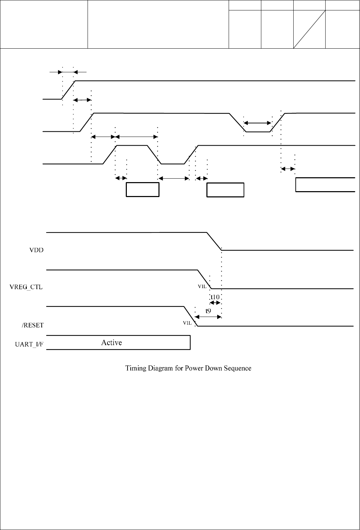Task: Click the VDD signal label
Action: click(36, 250)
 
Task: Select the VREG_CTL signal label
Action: click(26, 287)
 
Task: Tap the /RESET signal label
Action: click(33, 325)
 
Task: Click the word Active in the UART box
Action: click(112, 343)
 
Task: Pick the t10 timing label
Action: click(215, 297)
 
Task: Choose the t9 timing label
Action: click(208, 311)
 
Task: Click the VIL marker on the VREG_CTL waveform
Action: click(202, 287)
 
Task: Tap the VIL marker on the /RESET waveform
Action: click(187, 323)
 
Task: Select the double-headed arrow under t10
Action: click(216, 303)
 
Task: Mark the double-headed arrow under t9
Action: click(208, 317)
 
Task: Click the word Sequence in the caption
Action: click(236, 368)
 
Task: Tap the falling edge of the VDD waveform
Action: click(214, 241)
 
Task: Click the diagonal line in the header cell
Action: click(309, 29)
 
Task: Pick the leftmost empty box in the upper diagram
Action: click(142, 189)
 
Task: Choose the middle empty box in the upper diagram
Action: click(225, 190)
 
